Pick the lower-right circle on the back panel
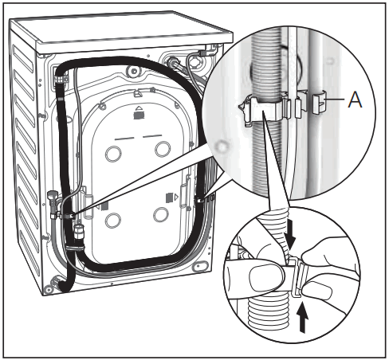(x=162, y=214)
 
